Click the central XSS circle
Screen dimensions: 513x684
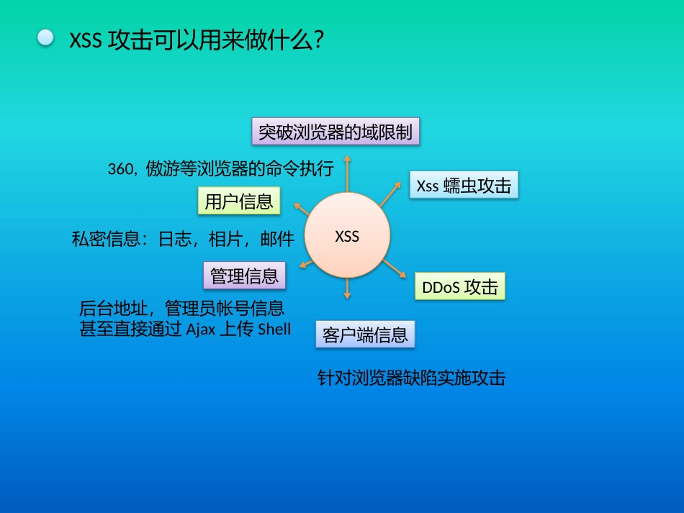(x=347, y=236)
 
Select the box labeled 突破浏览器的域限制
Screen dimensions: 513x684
(x=335, y=132)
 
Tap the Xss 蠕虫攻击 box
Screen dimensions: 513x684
(x=464, y=186)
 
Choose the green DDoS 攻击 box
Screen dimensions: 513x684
(x=460, y=287)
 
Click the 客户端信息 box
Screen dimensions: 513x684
(x=365, y=335)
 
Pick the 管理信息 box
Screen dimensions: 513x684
(x=244, y=276)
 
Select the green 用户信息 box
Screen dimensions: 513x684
(x=239, y=201)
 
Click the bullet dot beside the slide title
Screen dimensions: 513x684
(x=46, y=38)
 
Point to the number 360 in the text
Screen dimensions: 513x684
(x=120, y=170)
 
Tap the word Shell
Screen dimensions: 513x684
(x=274, y=330)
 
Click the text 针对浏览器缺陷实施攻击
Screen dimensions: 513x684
(x=411, y=378)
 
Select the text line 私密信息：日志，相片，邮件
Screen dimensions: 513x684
(x=183, y=240)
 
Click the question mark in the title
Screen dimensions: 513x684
(x=319, y=40)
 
